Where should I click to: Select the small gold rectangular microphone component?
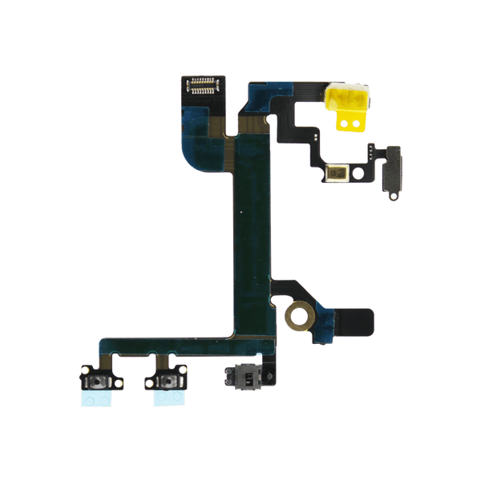[x=340, y=171]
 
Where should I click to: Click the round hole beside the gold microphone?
[x=358, y=171]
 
